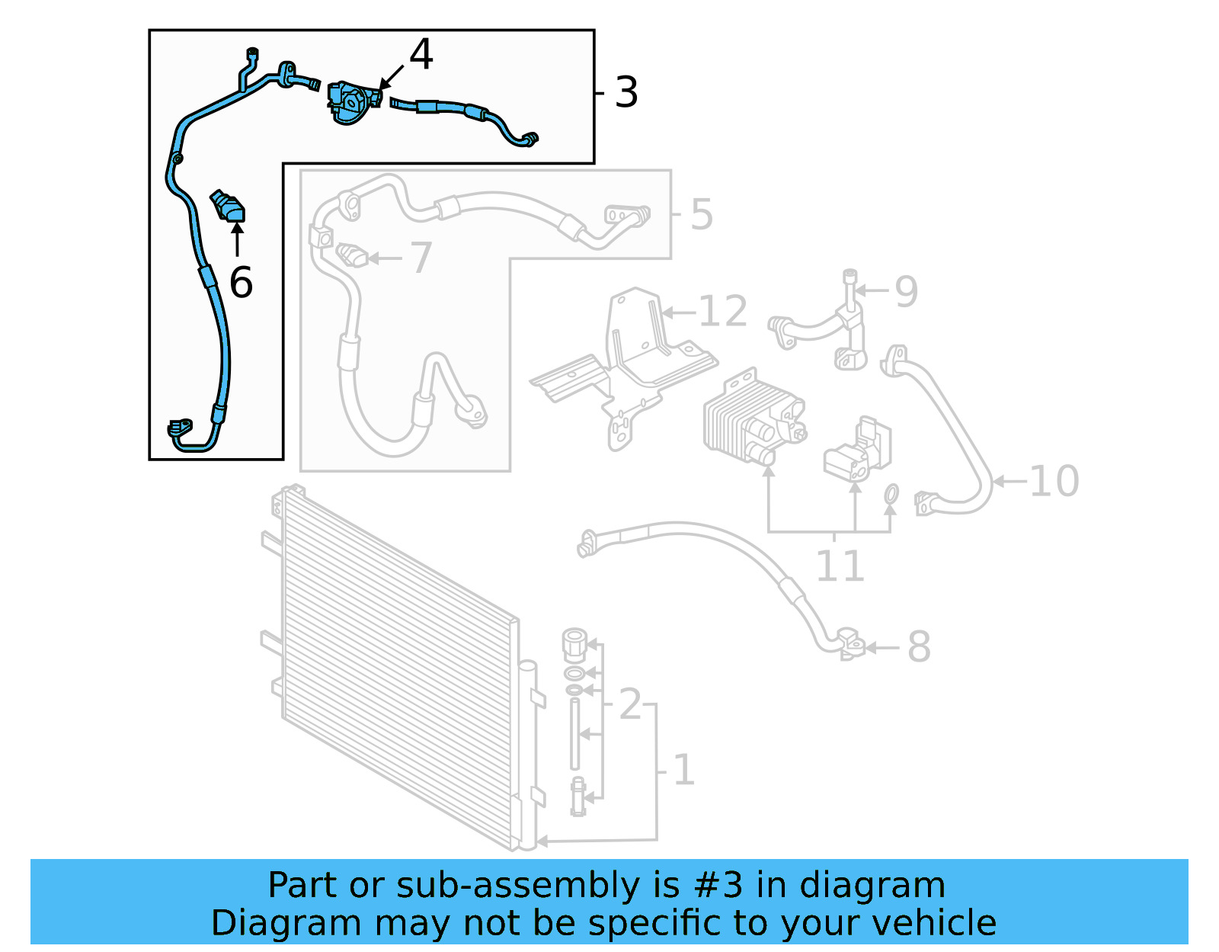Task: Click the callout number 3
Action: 626,93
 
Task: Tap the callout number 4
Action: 421,55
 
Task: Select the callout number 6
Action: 241,283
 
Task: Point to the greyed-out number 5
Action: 702,214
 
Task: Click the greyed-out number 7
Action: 421,258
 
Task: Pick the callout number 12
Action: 722,312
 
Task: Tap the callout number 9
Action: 906,291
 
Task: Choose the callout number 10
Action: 1054,481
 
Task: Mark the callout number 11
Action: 840,566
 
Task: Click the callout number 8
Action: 919,647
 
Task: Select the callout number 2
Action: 630,704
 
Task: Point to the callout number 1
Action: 683,770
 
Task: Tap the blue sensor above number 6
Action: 229,207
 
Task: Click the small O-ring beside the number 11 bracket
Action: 891,495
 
